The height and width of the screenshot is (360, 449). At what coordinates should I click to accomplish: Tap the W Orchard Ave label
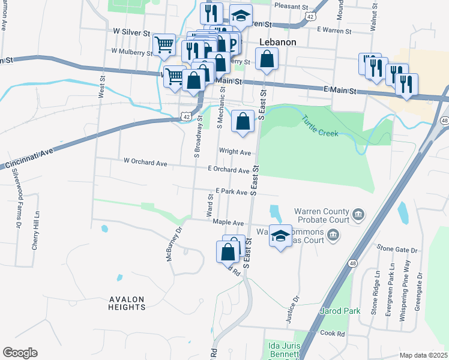(x=145, y=162)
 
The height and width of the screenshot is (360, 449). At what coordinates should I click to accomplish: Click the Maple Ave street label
(x=228, y=223)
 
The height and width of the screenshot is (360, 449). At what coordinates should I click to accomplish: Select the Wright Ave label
(x=235, y=152)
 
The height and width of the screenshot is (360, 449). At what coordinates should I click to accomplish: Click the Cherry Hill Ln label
(x=36, y=234)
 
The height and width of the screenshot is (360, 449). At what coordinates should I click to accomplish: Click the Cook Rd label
(x=332, y=333)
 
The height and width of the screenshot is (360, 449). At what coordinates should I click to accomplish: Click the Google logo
(x=20, y=353)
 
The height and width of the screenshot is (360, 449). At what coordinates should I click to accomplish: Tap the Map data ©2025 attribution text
(x=424, y=355)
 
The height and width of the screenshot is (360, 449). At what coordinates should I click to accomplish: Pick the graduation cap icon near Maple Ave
(x=280, y=236)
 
